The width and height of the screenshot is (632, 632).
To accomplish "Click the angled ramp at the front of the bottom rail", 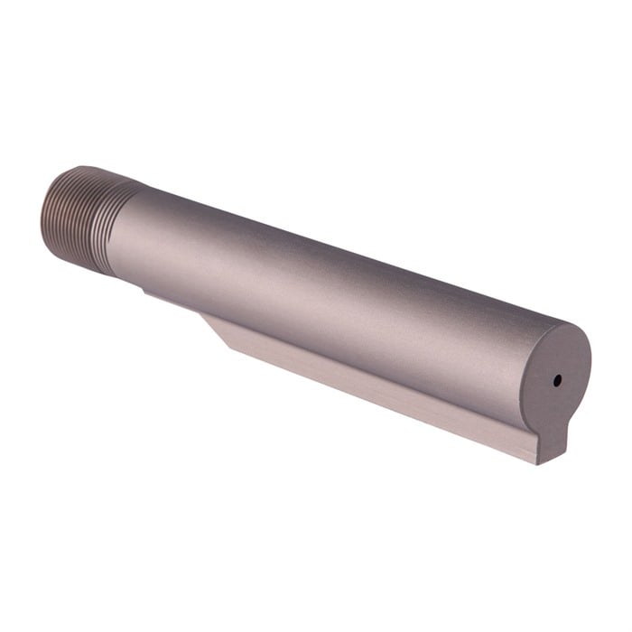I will pos(217,327).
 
